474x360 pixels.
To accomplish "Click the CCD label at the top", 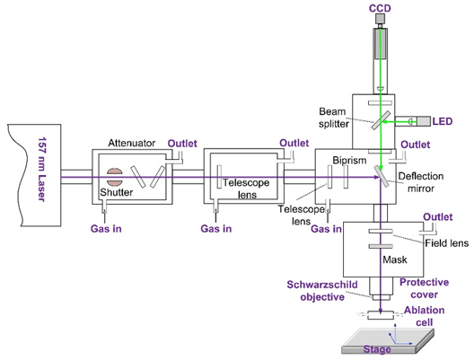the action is (x=380, y=8).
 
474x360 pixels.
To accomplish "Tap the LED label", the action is (x=443, y=121).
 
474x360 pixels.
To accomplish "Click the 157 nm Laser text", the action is (x=42, y=170).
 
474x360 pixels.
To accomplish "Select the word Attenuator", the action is (x=131, y=143).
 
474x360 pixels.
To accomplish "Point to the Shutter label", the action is (x=117, y=192).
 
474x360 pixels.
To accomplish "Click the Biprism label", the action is (x=349, y=160).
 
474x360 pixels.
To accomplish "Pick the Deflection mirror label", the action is (x=421, y=182).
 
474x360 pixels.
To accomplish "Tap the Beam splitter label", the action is (x=333, y=118).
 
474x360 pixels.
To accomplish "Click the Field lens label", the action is (x=446, y=243).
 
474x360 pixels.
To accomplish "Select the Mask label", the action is (x=395, y=259).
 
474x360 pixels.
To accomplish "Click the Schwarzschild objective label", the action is (x=322, y=291).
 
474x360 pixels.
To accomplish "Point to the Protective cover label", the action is (x=424, y=288).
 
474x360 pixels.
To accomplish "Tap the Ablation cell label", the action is (x=424, y=316).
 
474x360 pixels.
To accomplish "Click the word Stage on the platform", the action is (x=377, y=349).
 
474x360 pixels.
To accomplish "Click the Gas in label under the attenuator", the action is (x=106, y=229).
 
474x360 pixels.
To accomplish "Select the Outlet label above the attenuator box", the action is (x=182, y=144).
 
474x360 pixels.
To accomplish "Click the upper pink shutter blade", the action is (x=115, y=171).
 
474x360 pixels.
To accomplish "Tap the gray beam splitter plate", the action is (x=381, y=120).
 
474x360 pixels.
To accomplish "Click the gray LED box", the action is (x=424, y=121).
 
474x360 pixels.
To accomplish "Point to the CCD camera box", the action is (x=381, y=19).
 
